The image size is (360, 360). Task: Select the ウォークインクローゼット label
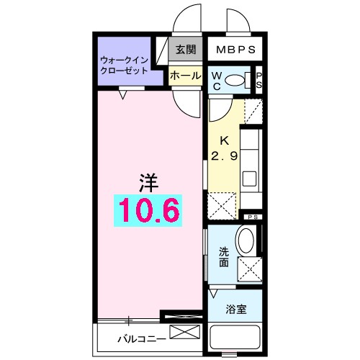[124, 66]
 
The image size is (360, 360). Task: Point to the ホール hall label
[185, 75]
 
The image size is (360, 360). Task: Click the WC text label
[216, 81]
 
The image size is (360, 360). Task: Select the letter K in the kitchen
[223, 141]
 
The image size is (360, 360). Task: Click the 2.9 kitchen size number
[223, 156]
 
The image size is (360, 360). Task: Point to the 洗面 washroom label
[224, 258]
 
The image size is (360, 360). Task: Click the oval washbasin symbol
[246, 241]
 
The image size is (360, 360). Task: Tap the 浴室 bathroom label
[236, 310]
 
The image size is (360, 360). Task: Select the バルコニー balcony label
[136, 338]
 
